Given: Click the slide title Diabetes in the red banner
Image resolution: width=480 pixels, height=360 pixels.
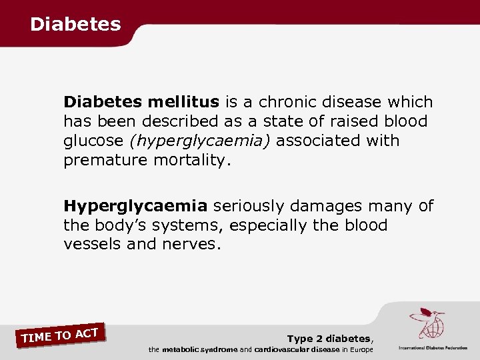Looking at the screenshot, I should click(x=75, y=25).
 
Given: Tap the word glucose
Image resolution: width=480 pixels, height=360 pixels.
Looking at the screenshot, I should click(x=93, y=141).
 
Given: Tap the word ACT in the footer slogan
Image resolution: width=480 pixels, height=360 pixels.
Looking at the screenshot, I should click(x=87, y=332).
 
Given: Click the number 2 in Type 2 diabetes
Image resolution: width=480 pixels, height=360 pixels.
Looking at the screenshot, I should click(x=317, y=339).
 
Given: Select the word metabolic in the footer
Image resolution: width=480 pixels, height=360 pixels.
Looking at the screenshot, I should click(x=182, y=350).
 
